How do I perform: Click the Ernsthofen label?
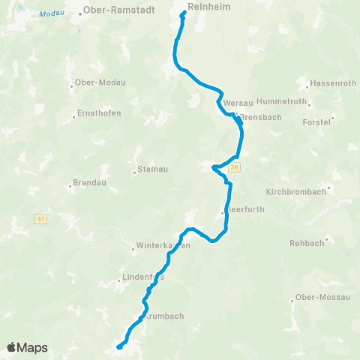[100, 114]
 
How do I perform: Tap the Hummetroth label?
[282, 100]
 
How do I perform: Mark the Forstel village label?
[316, 121]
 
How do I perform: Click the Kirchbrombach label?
[296, 191]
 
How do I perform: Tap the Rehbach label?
[306, 243]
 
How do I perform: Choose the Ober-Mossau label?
[323, 297]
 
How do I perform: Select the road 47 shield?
[40, 219]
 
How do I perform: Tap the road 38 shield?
[235, 166]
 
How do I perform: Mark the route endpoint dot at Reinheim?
[184, 12]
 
